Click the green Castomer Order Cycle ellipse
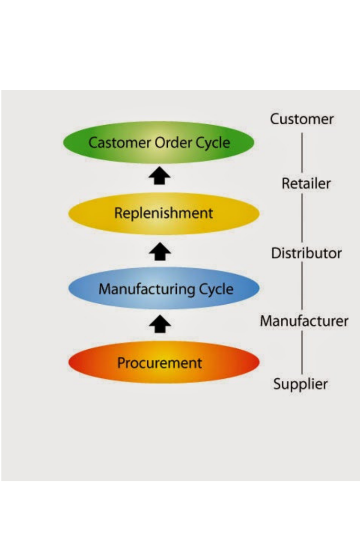pos(159,142)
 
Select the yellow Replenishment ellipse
pos(164,214)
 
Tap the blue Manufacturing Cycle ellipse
pos(164,288)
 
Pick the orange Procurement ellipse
pos(164,362)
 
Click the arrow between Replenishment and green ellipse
pos(160,177)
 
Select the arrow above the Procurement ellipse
pos(160,324)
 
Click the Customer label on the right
pos(302,119)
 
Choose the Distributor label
pos(306,253)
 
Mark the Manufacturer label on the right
pos(304,321)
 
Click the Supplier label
pos(300,384)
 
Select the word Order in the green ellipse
pos(168,142)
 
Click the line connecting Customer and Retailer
pos(301,151)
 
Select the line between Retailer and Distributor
pos(301,218)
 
